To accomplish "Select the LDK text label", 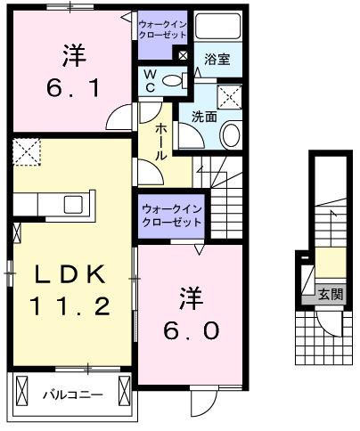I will click(61, 272).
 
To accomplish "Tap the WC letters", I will click(151, 80).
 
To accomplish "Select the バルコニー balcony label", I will click(74, 393).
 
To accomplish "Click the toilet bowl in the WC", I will click(177, 81).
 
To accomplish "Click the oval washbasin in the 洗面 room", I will click(231, 135).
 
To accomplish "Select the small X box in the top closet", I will click(182, 54).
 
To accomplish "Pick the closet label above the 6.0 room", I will click(171, 215).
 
